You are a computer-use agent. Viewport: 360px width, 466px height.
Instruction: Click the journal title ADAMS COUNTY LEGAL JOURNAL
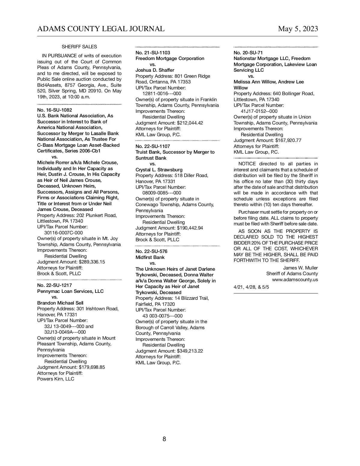pos(101,29)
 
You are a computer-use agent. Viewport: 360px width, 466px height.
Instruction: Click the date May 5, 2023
pos(298,29)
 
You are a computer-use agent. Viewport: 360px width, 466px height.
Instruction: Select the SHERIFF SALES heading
pos(79,47)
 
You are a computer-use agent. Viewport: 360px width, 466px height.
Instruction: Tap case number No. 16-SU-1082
pos(55,110)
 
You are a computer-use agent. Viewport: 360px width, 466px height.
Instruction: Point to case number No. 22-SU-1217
pos(55,285)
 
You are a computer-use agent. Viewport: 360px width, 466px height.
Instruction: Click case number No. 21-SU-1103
pos(153,53)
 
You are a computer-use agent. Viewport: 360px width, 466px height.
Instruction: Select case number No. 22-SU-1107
pos(153,146)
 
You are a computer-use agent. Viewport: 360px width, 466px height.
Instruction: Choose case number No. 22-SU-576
pos(151,251)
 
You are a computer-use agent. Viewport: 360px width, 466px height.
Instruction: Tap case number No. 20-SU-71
pos(248,53)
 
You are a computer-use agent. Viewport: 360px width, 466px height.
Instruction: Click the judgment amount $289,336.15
pos(92,262)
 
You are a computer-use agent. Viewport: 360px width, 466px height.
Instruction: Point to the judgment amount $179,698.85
pos(92,367)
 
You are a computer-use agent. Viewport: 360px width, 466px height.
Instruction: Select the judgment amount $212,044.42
pos(190,123)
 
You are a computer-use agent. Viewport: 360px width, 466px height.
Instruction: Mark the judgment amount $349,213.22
pos(190,351)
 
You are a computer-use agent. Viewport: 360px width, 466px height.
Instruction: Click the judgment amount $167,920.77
pos(288,140)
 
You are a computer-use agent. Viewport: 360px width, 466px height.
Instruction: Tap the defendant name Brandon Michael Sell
pos(60,303)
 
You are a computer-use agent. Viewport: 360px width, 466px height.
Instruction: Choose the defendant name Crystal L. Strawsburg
pos(159,170)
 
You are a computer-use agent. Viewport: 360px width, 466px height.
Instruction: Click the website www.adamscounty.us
pos(295,280)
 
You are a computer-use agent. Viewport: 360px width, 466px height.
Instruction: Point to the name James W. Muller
pos(300,268)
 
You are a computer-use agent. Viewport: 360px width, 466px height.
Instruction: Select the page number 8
pos(164,439)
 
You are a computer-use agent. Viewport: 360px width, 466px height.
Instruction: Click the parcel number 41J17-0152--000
pos(259,111)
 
